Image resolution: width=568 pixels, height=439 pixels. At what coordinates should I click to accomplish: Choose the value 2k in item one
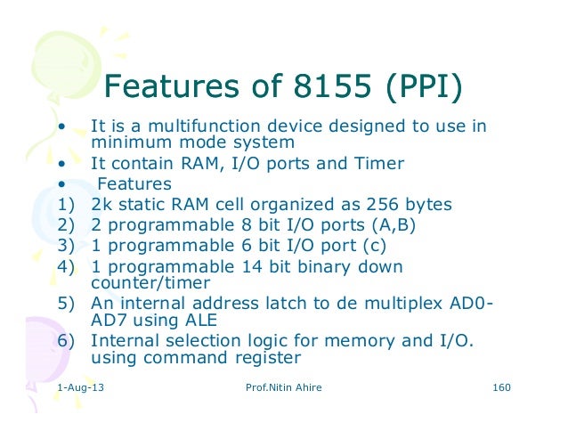[x=103, y=204]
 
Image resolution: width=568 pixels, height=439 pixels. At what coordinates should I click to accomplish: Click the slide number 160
[x=504, y=389]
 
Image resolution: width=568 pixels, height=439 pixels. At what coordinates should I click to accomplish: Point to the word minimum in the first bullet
[x=125, y=142]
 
